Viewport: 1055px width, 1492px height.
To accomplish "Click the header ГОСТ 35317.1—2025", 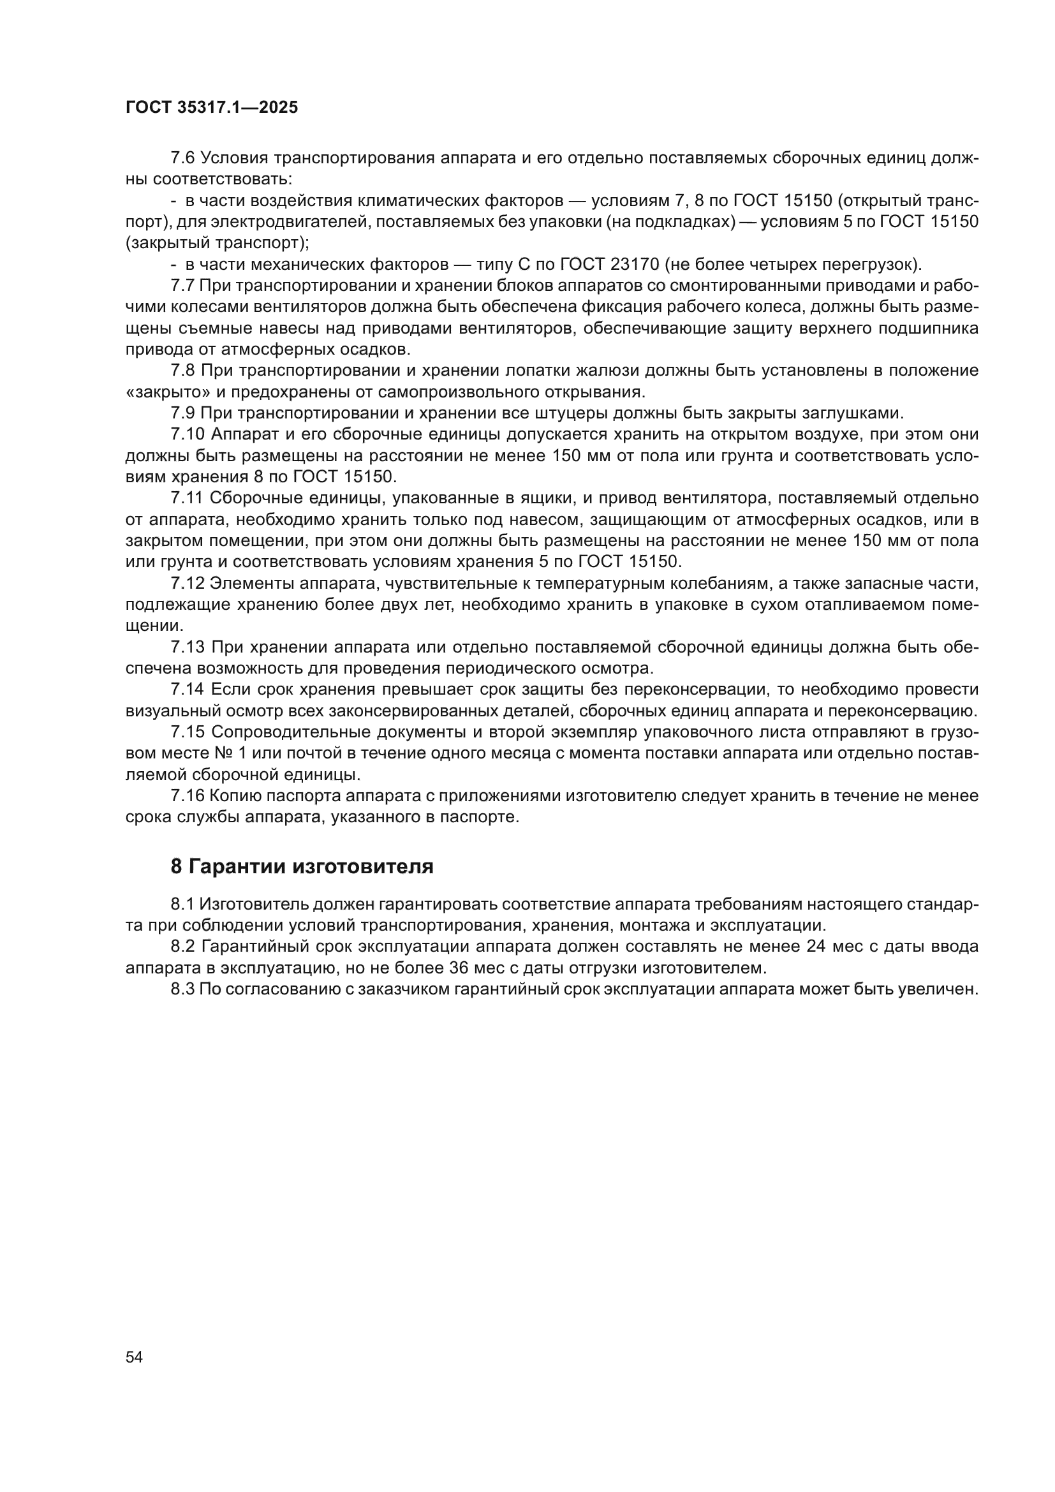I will tap(212, 108).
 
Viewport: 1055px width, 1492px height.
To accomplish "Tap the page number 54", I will tap(135, 1357).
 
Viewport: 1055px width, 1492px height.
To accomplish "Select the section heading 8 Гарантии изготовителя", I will tap(302, 866).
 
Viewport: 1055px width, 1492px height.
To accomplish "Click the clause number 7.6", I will tap(182, 158).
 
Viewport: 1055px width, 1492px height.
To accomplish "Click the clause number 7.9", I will tap(182, 413).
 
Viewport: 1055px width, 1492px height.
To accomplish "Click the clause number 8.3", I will tap(182, 989).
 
